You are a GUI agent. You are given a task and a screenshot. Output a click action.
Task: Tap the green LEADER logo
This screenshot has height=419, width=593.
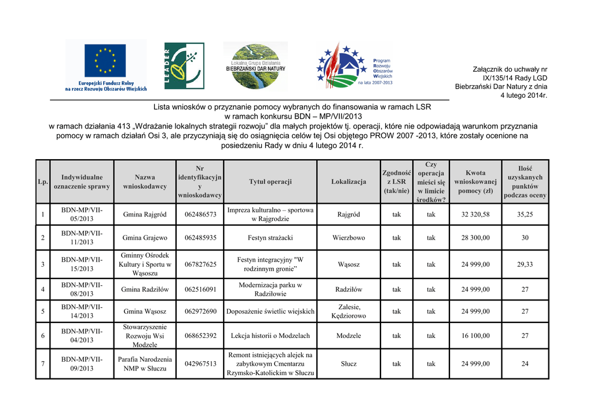(x=184, y=65)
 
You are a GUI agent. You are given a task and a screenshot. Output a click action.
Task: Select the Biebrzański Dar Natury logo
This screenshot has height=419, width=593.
(x=255, y=65)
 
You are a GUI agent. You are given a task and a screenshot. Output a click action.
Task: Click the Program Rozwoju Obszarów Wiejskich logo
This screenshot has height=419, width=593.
(x=354, y=66)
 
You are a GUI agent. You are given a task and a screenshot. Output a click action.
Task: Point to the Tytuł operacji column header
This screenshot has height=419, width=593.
(x=270, y=182)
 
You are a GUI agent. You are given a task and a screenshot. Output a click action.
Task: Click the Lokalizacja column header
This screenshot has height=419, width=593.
(x=349, y=182)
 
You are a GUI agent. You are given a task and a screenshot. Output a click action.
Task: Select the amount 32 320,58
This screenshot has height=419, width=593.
(x=475, y=215)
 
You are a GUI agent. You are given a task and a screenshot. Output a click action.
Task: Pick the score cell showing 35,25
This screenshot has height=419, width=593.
(x=525, y=215)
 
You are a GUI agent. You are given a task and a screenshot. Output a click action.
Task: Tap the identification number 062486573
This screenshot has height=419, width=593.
(x=200, y=215)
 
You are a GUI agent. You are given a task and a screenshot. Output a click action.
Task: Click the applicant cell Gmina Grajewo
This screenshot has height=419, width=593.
(x=145, y=238)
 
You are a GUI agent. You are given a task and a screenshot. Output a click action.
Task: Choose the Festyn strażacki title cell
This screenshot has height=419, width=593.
(x=270, y=238)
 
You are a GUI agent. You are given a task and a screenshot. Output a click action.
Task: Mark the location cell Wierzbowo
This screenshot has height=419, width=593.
(x=349, y=238)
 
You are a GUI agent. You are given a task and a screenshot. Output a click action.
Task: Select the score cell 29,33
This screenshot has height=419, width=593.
(x=525, y=264)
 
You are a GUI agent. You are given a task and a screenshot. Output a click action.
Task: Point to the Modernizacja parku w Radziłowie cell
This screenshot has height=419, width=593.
(x=270, y=289)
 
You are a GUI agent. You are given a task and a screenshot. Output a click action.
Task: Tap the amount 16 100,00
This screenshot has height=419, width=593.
(x=475, y=336)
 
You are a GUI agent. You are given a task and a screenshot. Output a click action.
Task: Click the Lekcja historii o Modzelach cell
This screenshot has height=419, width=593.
(x=270, y=336)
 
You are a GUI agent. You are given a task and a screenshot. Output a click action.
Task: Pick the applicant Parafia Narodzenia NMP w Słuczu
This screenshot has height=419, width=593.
(x=145, y=364)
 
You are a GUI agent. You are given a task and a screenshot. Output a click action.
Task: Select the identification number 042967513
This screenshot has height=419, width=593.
(x=200, y=364)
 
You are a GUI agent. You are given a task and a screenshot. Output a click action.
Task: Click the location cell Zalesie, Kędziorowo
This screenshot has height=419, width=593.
(x=349, y=311)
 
